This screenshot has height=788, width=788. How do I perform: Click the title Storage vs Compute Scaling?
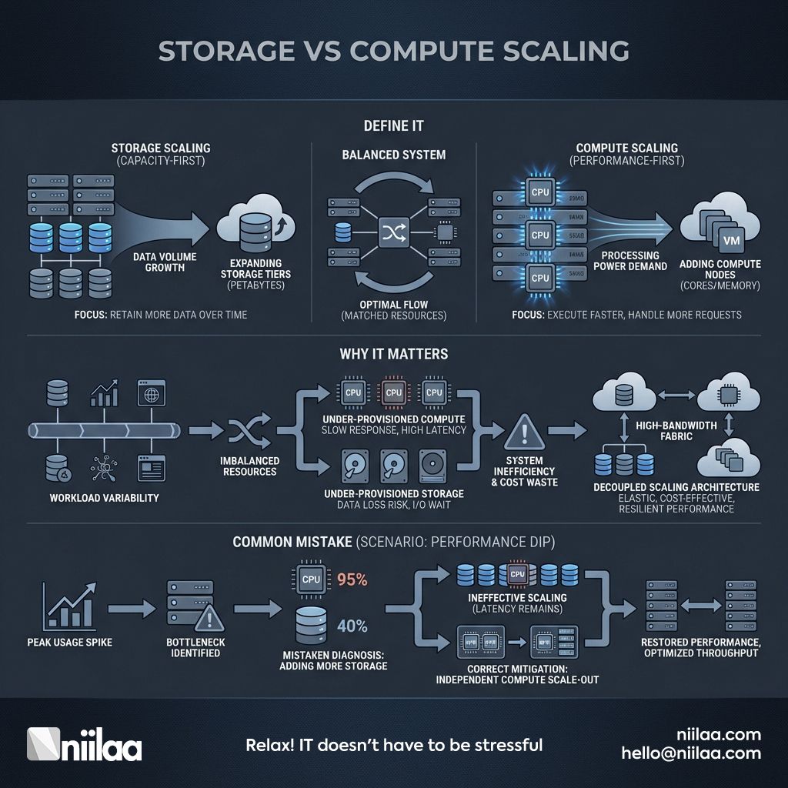[x=393, y=51]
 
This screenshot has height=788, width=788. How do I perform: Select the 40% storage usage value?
[x=352, y=625]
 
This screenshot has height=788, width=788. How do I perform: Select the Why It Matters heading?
[x=394, y=355]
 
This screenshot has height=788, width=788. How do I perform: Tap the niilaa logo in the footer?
[x=84, y=744]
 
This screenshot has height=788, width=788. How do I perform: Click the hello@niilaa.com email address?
[x=691, y=754]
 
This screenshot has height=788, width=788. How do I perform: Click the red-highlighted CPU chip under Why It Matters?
[x=393, y=392]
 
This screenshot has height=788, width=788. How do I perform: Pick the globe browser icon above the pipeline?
[x=148, y=392]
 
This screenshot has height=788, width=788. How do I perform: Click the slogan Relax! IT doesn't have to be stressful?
[x=394, y=745]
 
